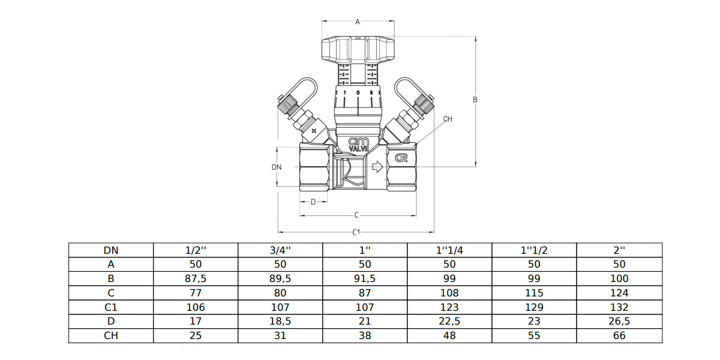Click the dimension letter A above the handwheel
[358, 22]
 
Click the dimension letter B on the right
[475, 100]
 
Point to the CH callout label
[448, 119]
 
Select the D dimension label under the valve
[313, 202]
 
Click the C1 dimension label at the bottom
[356, 232]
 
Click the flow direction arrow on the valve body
[377, 167]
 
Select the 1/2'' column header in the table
[196, 250]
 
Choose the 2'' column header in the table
[620, 250]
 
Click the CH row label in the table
[111, 336]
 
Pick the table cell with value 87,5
[196, 279]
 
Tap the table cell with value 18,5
[280, 322]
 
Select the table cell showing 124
[620, 293]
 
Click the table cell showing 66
[620, 336]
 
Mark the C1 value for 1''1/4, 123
[449, 307]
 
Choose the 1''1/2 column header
[534, 250]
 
